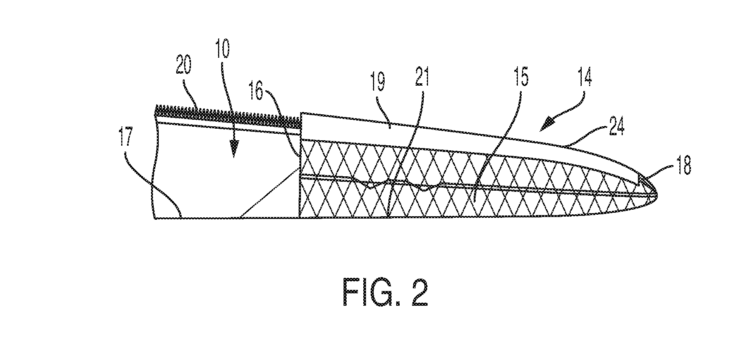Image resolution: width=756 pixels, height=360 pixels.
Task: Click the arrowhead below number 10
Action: [235, 148]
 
